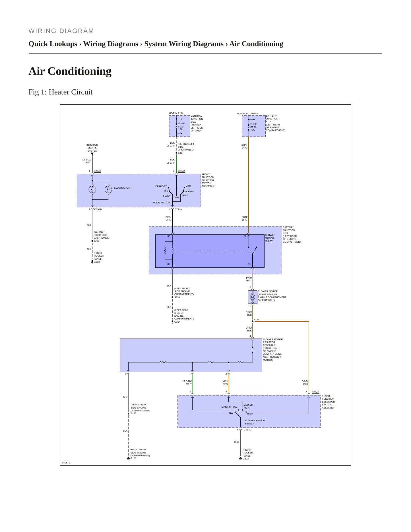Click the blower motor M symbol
click(x=252, y=297)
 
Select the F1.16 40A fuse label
click(x=253, y=127)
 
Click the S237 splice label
click(x=181, y=153)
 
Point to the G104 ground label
click(x=177, y=322)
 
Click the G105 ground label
click(x=133, y=458)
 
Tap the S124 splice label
click(x=257, y=319)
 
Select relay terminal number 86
click(x=169, y=236)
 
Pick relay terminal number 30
click(x=249, y=264)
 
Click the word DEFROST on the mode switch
click(x=161, y=186)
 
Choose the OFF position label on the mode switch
click(x=176, y=197)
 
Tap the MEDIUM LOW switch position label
click(x=229, y=407)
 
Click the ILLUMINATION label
click(x=122, y=188)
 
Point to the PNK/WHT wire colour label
click(x=249, y=279)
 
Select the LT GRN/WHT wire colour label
click(x=187, y=383)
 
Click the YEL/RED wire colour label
click(x=225, y=383)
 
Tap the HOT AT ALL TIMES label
click(x=247, y=114)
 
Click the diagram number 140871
click(x=66, y=463)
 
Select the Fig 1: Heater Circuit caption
click(x=61, y=92)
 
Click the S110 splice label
click(x=177, y=297)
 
